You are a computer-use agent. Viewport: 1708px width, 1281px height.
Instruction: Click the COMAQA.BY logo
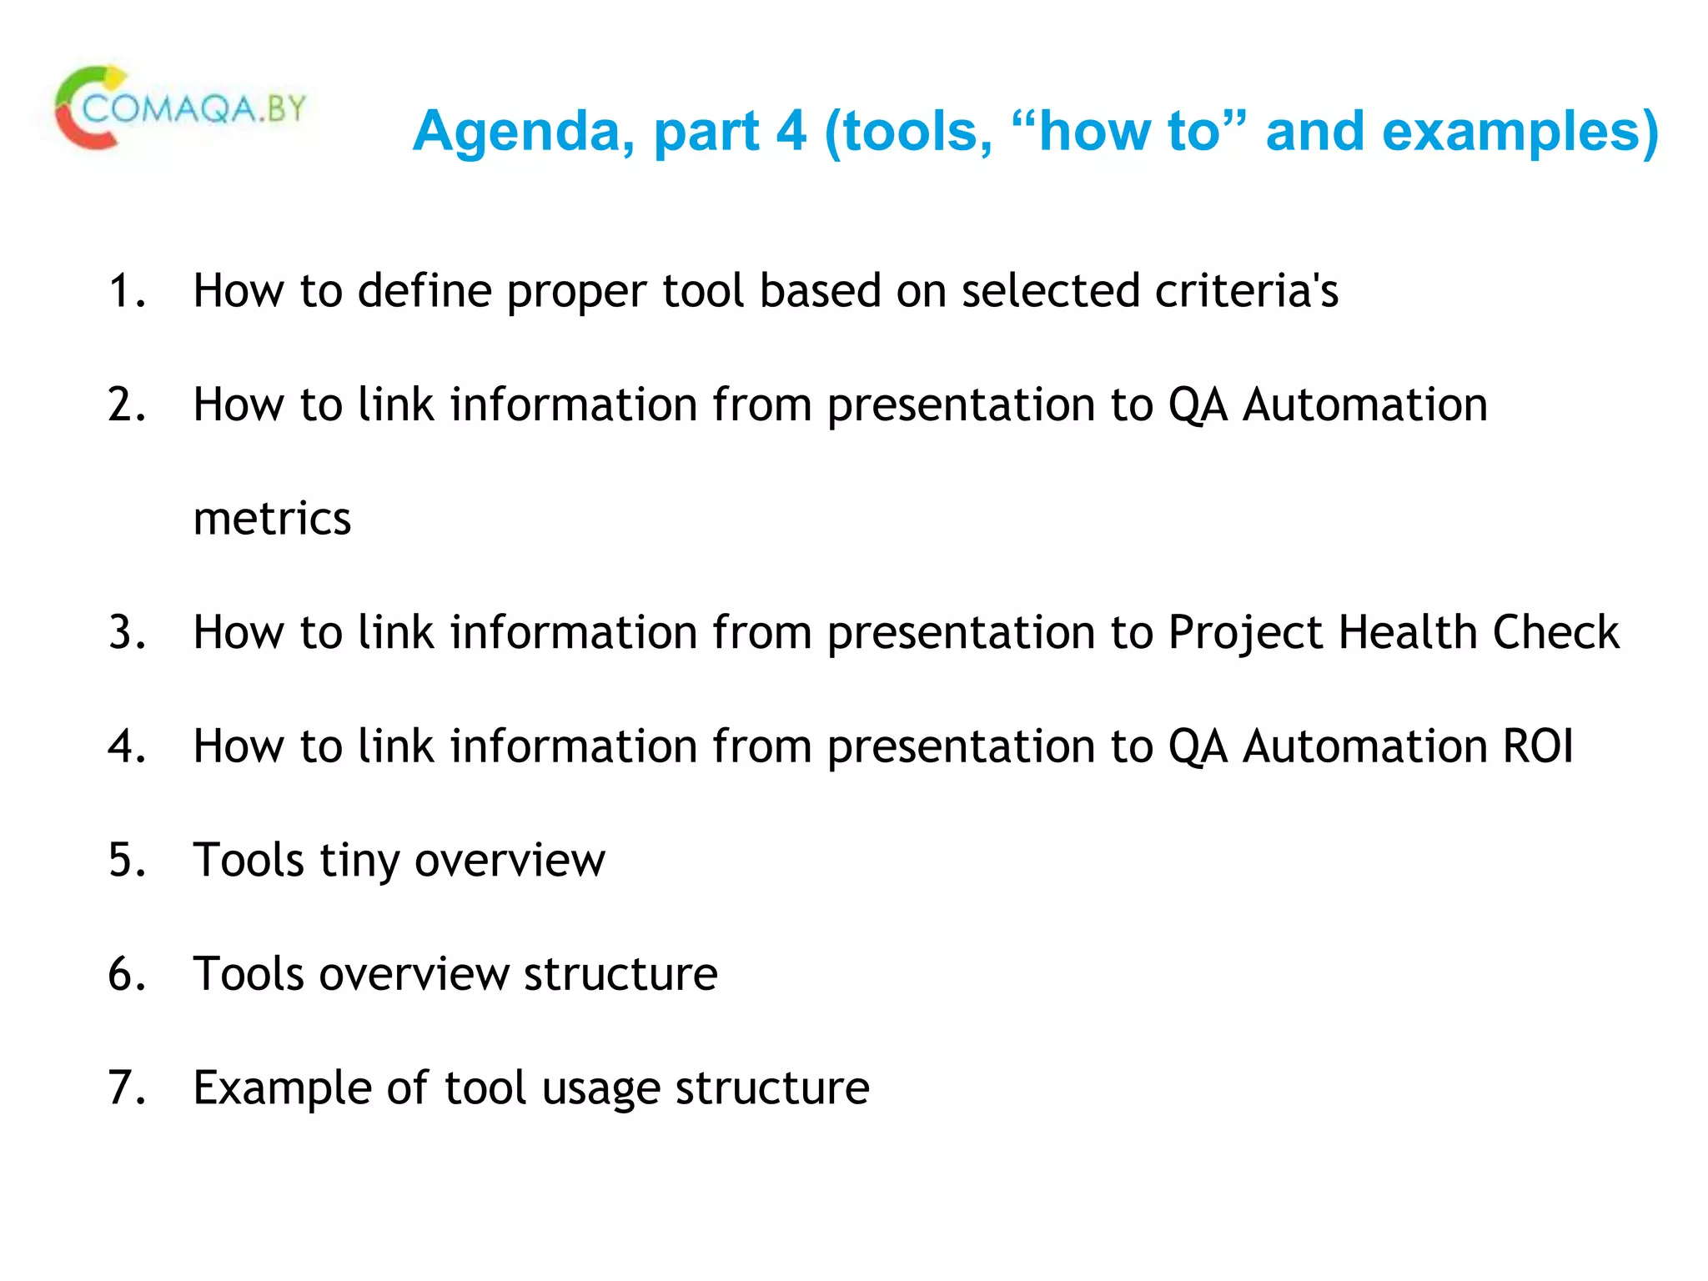tap(180, 108)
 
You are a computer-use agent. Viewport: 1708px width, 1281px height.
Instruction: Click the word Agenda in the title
tap(523, 132)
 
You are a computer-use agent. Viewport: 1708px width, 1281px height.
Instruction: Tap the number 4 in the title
tap(791, 131)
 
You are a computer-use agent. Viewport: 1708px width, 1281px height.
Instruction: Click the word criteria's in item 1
tap(1246, 291)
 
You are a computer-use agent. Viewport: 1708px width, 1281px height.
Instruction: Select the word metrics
tap(272, 519)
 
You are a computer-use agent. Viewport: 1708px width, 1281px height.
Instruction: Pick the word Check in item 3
tap(1555, 632)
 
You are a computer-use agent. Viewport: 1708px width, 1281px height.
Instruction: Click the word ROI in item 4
tap(1537, 746)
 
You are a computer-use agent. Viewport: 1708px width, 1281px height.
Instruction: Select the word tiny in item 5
tap(359, 862)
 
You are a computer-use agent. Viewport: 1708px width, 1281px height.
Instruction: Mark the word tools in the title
tap(917, 132)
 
